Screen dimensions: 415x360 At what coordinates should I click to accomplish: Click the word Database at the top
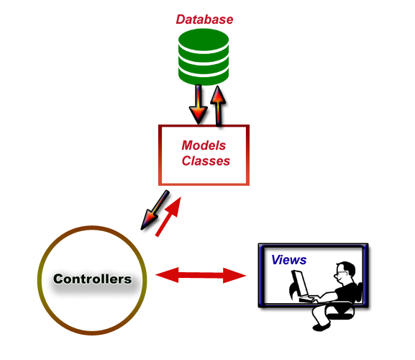pyautogui.click(x=204, y=19)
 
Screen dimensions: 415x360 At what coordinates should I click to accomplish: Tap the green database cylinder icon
pyautogui.click(x=204, y=57)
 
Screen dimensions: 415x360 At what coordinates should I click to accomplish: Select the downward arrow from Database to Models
pyautogui.click(x=199, y=104)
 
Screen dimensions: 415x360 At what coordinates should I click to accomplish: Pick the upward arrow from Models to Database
pyautogui.click(x=218, y=105)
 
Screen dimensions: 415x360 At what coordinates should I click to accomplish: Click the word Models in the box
pyautogui.click(x=204, y=145)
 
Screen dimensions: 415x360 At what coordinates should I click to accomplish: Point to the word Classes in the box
pyautogui.click(x=206, y=161)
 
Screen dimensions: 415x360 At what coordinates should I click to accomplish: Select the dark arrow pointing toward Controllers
pyautogui.click(x=155, y=210)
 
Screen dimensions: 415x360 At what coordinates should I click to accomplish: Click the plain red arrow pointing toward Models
pyautogui.click(x=168, y=217)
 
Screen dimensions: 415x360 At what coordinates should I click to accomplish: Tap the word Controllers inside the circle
pyautogui.click(x=92, y=279)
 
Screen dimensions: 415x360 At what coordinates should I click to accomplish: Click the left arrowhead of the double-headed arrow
pyautogui.click(x=167, y=275)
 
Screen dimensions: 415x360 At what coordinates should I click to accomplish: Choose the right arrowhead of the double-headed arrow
pyautogui.click(x=234, y=276)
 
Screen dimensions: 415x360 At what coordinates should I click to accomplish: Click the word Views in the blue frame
pyautogui.click(x=288, y=260)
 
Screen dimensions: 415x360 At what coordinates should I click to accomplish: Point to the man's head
pyautogui.click(x=345, y=273)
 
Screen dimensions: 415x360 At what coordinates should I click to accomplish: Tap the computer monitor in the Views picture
pyautogui.click(x=300, y=283)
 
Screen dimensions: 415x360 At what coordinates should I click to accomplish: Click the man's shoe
pyautogui.click(x=321, y=327)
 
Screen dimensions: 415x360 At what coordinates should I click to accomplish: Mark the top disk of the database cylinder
pyautogui.click(x=204, y=40)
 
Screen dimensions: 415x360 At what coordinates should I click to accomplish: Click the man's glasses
pyautogui.click(x=341, y=273)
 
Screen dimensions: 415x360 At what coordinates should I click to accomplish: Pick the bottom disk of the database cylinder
pyautogui.click(x=204, y=76)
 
